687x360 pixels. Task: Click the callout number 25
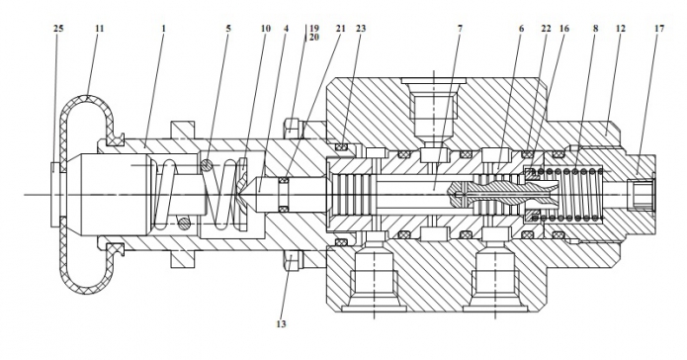coord(58,29)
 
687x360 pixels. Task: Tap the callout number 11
coord(100,29)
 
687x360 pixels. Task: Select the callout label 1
coord(164,29)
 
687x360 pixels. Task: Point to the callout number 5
coord(228,29)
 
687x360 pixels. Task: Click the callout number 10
coord(266,29)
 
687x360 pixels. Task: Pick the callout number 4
coord(286,29)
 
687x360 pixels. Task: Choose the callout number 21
coord(340,29)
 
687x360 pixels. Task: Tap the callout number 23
coord(361,29)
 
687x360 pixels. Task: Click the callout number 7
coord(460,29)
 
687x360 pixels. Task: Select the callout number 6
coord(521,29)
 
